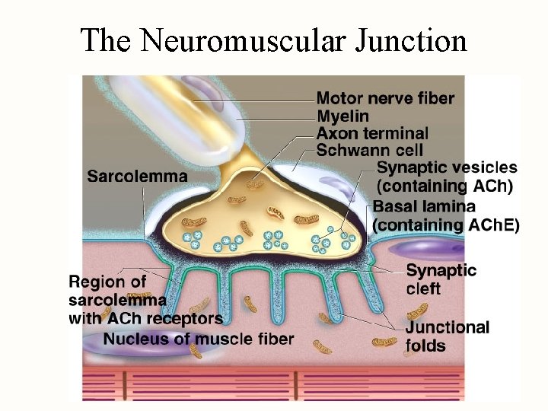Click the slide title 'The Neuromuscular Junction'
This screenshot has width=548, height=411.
(x=273, y=40)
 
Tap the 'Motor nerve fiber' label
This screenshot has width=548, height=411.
(x=385, y=98)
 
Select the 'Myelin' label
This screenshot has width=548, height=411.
(x=342, y=116)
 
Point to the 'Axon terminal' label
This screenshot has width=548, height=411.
(x=372, y=133)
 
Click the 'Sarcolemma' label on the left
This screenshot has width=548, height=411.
(x=137, y=177)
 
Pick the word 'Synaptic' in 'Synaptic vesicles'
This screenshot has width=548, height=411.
(x=411, y=167)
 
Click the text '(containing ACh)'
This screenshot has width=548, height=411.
(x=446, y=186)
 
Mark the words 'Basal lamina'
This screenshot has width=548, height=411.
(x=424, y=206)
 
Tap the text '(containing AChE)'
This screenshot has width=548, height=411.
(x=446, y=225)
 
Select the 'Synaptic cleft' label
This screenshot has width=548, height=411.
(x=441, y=279)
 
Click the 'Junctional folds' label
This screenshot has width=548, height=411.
(x=448, y=336)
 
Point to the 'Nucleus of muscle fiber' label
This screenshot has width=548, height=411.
(x=199, y=339)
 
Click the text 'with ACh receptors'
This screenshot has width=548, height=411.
(x=146, y=318)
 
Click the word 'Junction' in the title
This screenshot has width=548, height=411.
(x=411, y=40)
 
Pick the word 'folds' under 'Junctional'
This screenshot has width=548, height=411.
(x=426, y=346)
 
